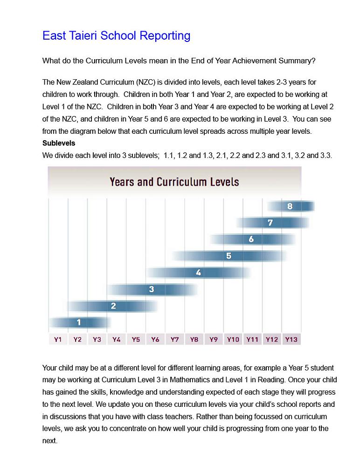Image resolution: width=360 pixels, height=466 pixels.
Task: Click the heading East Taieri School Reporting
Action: pyautogui.click(x=116, y=36)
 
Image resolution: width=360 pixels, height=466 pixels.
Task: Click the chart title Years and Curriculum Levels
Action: pyautogui.click(x=174, y=181)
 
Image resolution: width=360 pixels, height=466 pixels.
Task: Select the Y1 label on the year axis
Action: pyautogui.click(x=58, y=339)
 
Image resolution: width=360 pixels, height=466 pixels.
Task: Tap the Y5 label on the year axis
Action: pyautogui.click(x=136, y=339)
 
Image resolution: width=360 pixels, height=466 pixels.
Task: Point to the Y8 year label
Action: pyautogui.click(x=194, y=339)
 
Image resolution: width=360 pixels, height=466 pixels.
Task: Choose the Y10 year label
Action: pyautogui.click(x=233, y=339)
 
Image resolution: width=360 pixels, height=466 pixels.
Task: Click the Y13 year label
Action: pyautogui.click(x=291, y=339)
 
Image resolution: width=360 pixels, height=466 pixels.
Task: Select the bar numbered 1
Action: pyautogui.click(x=79, y=322)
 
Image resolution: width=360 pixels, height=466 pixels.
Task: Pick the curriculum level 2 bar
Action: pyautogui.click(x=113, y=306)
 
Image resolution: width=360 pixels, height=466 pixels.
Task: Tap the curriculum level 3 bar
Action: pyautogui.click(x=152, y=289)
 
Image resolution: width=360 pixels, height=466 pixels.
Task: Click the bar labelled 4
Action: pyautogui.click(x=199, y=273)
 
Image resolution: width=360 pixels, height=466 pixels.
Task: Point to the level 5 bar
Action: pyautogui.click(x=228, y=256)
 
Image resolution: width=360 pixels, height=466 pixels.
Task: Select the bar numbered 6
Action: pyautogui.click(x=251, y=240)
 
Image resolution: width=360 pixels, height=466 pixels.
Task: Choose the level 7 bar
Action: pyautogui.click(x=270, y=223)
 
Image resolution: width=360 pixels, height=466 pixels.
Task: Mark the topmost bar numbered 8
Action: pyautogui.click(x=290, y=206)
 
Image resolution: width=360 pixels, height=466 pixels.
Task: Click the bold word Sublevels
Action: pyautogui.click(x=59, y=143)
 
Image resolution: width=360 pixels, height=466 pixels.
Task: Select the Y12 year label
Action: pyautogui.click(x=271, y=339)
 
